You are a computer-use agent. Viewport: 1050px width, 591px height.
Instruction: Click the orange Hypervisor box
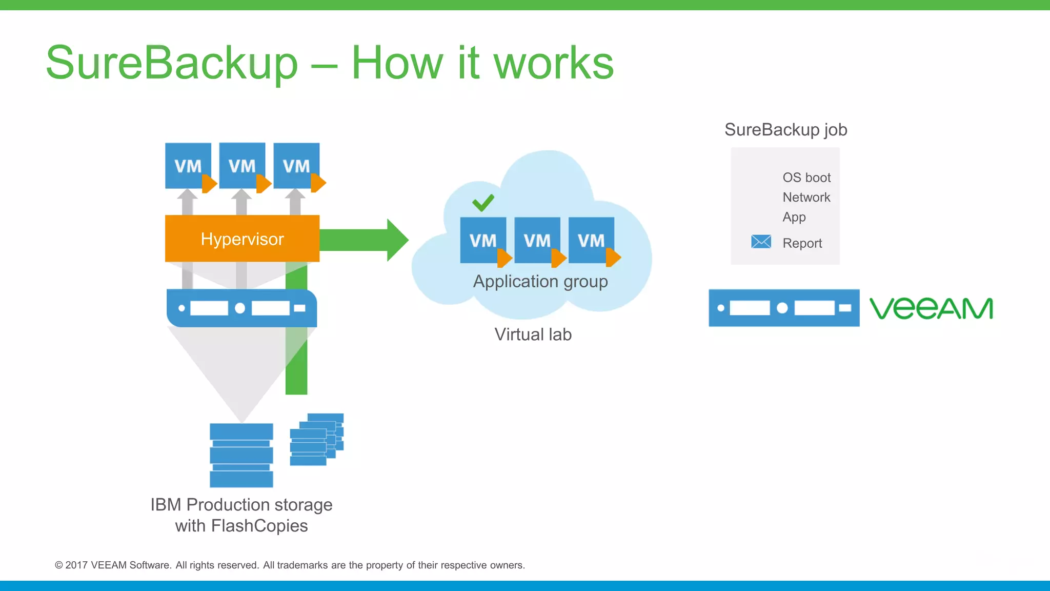coord(242,239)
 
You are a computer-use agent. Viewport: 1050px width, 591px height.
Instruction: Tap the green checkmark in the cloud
coord(483,203)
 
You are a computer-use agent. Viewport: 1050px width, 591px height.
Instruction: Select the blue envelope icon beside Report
coord(761,242)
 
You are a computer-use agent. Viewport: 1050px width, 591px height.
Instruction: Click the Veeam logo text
coord(931,308)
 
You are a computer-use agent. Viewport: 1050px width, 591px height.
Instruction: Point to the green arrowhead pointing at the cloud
coord(397,240)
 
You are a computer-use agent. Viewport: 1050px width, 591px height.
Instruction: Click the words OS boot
coord(806,178)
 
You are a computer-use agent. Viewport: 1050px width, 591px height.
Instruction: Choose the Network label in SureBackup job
coord(806,198)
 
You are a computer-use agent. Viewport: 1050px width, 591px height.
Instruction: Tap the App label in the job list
coord(794,217)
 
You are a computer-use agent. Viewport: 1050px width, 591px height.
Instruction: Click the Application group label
coord(540,282)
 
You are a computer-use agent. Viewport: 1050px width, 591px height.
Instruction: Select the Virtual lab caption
coord(533,334)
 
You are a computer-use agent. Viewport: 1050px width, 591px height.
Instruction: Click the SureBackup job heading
coord(785,130)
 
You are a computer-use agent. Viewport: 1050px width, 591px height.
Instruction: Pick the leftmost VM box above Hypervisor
coord(188,166)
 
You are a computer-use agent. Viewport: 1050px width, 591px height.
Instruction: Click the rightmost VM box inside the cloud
coord(591,240)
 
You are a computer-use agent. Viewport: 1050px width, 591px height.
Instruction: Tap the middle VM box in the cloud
coord(537,240)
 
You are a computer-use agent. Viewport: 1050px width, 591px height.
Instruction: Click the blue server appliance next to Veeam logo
coord(783,308)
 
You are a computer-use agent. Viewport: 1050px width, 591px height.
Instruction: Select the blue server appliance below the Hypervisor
coord(241,308)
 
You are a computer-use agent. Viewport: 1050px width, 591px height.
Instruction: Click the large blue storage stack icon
coord(241,455)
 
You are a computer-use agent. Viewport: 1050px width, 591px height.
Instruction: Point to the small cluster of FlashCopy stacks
coord(316,440)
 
